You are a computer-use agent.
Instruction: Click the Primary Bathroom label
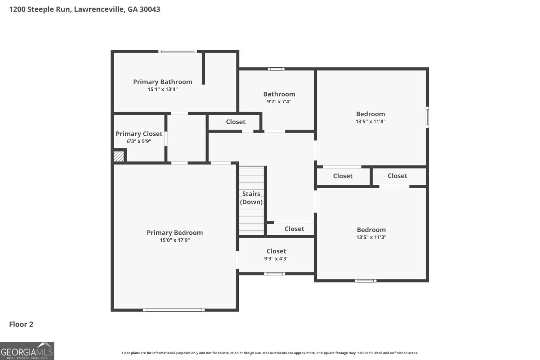162,82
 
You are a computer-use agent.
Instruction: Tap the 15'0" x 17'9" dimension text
175,240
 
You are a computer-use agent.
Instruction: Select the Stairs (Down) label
251,198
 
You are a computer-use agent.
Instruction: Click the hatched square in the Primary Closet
118,156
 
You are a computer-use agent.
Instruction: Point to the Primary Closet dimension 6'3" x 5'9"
139,141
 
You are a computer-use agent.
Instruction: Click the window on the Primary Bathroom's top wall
178,51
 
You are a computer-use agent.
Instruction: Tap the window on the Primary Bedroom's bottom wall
174,310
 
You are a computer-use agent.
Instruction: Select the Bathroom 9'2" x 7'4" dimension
279,102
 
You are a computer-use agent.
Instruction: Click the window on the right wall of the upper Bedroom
427,117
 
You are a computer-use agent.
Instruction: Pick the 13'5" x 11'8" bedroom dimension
370,122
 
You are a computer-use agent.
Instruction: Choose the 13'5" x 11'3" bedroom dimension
371,237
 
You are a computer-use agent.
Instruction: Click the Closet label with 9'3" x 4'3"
276,251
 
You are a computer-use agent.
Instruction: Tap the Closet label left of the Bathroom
236,122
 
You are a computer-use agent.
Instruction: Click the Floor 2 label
21,324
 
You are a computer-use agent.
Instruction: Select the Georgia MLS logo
27,351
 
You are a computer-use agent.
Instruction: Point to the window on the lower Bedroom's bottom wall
366,281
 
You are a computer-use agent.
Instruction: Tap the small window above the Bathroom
276,69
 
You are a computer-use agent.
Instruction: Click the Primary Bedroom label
175,233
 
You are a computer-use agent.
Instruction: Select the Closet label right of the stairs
294,229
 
